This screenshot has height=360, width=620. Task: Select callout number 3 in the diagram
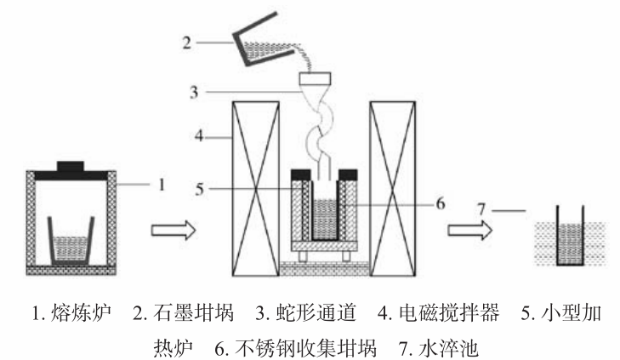coord(195,90)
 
